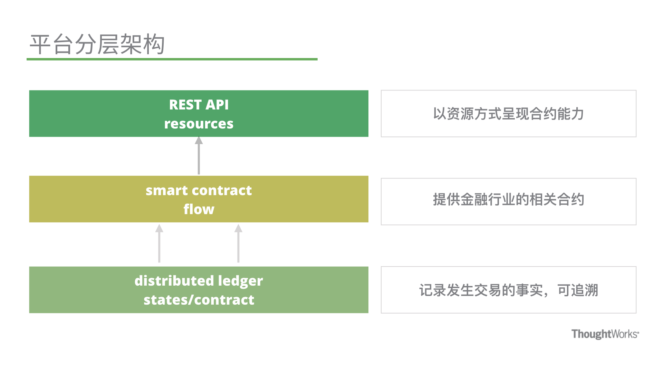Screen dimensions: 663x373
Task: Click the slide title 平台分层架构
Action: (97, 44)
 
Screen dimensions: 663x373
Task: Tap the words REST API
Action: (199, 105)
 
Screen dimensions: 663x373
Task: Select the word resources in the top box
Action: (199, 124)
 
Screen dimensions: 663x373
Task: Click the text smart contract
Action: (199, 190)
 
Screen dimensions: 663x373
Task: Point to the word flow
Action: (199, 209)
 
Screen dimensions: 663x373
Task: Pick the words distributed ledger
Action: (199, 281)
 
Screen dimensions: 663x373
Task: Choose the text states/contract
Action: (199, 300)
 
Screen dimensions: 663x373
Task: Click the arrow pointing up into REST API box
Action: (199, 155)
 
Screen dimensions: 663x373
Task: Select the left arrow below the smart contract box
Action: (159, 243)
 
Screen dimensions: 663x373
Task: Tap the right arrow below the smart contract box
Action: (238, 243)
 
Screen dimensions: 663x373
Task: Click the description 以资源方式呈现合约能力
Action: (508, 114)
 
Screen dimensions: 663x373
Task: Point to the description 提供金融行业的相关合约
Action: (508, 200)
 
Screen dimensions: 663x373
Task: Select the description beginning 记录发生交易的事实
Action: (508, 290)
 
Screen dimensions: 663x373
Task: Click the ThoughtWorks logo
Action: (605, 334)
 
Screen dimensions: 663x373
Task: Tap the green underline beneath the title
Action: (172, 59)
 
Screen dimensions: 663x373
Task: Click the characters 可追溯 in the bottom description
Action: (578, 290)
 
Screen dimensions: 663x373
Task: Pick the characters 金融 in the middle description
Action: (474, 200)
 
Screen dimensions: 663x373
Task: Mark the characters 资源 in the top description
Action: (460, 114)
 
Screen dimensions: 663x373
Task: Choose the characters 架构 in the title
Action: (143, 44)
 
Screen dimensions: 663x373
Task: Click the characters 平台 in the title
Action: (52, 44)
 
